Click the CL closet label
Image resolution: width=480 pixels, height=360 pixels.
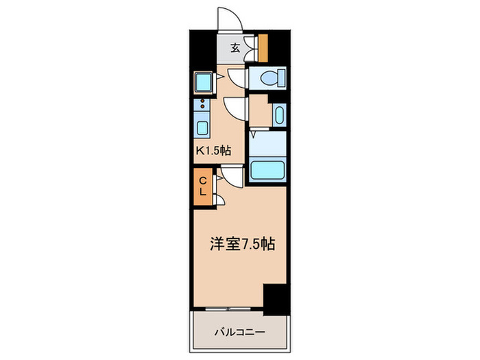click(203, 186)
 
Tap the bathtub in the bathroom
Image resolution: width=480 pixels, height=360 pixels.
click(267, 170)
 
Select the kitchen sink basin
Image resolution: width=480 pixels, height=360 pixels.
click(204, 128)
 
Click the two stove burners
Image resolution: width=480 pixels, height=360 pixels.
click(204, 106)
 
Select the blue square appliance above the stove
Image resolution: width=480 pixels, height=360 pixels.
click(204, 82)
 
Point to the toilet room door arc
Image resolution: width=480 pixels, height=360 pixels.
click(235, 77)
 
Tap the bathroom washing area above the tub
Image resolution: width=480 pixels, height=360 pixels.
click(267, 143)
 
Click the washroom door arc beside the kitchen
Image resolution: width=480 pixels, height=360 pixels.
click(235, 106)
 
